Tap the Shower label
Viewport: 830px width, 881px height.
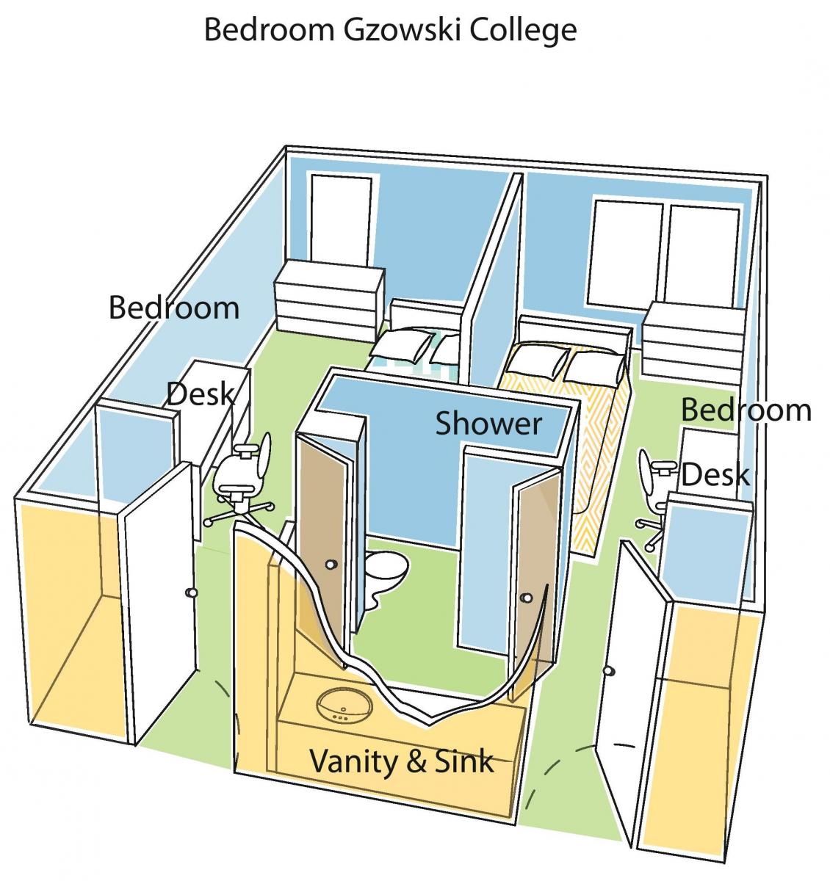click(488, 424)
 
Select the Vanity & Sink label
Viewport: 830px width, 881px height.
click(401, 761)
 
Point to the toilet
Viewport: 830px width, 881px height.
click(386, 570)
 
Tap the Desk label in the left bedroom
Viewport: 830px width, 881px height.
click(200, 394)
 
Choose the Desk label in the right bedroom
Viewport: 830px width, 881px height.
click(715, 476)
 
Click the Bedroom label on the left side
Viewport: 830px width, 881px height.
click(173, 307)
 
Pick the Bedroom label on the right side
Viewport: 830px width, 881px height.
click(746, 410)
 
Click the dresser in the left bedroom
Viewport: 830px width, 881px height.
click(329, 294)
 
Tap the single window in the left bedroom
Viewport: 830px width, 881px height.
click(340, 218)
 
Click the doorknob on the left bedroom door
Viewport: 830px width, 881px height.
click(192, 592)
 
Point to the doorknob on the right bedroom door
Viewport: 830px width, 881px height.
click(608, 670)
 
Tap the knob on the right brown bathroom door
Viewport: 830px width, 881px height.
click(524, 598)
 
